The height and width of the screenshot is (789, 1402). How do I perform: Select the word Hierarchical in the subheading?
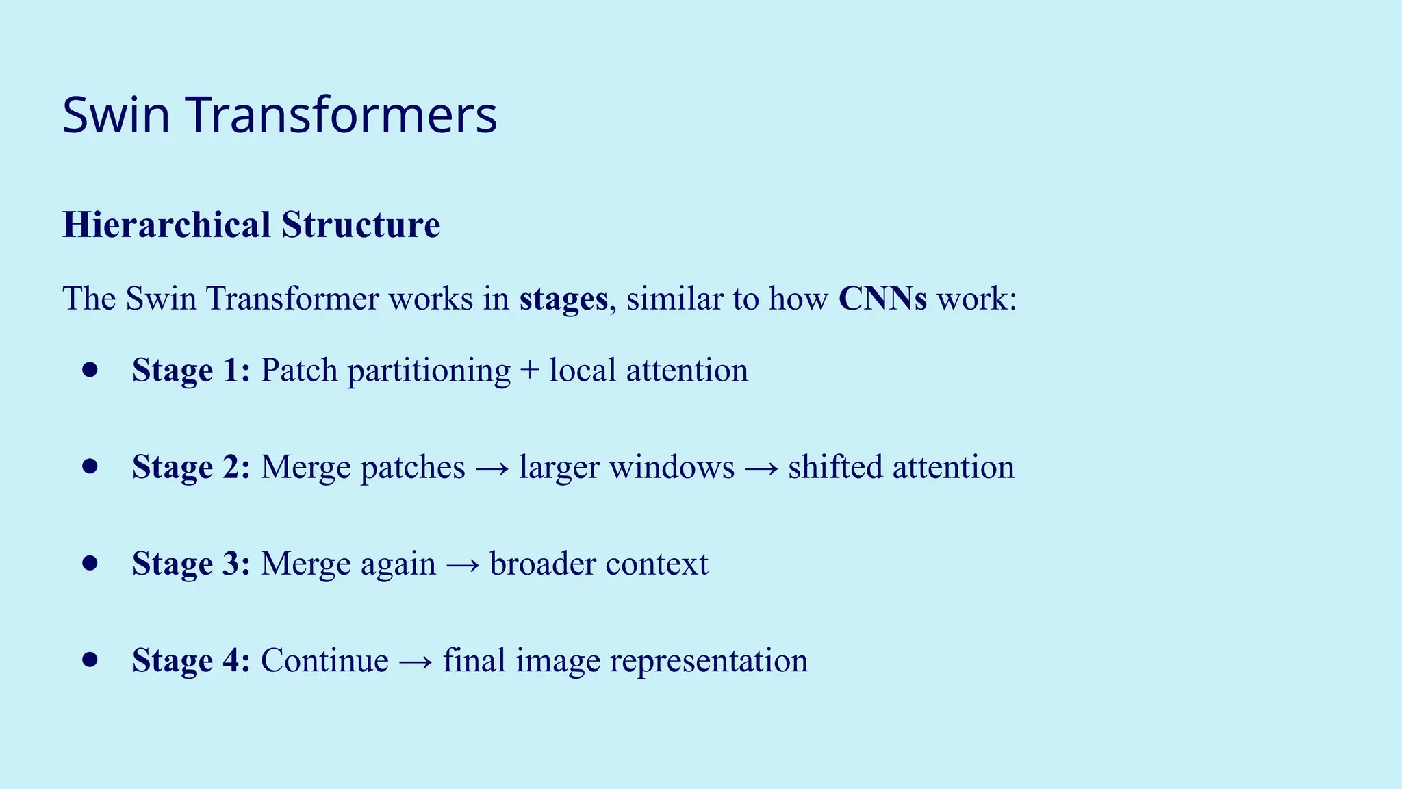167,225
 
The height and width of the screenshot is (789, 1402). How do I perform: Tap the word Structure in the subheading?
361,225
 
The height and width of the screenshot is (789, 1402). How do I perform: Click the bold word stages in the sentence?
563,299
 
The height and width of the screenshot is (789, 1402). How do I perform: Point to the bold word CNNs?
882,299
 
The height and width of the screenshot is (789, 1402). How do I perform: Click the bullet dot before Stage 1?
90,371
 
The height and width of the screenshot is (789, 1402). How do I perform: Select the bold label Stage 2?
191,467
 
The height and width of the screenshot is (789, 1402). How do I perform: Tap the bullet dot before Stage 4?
90,660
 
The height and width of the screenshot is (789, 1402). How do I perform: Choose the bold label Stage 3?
191,564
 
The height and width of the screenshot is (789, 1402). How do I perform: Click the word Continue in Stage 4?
324,660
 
